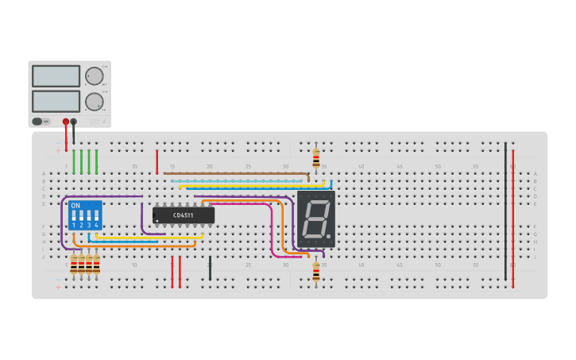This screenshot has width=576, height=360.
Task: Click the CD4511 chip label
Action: click(184, 215)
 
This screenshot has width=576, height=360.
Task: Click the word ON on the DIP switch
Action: click(75, 205)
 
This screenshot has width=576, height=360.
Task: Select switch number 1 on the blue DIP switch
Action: click(73, 217)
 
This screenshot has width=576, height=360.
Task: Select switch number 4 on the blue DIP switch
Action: click(96, 217)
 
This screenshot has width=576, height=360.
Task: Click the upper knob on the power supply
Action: click(94, 76)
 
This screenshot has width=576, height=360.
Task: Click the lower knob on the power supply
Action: click(94, 102)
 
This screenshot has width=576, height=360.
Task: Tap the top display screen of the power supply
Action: click(56, 76)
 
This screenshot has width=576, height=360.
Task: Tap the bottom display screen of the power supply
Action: click(56, 101)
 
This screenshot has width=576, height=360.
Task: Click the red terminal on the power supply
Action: click(66, 122)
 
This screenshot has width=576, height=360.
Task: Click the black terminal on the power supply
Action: click(74, 122)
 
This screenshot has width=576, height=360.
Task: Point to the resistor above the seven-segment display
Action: click(316, 157)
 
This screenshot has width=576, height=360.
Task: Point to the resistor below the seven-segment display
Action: click(316, 271)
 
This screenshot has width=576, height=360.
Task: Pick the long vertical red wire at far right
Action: click(512, 215)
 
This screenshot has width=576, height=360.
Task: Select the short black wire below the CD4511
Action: click(210, 268)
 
